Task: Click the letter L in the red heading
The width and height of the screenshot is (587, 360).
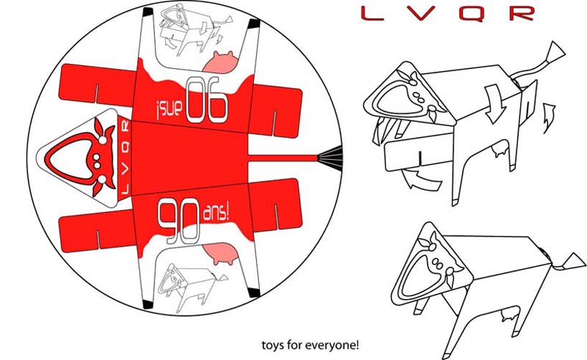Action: (x=373, y=14)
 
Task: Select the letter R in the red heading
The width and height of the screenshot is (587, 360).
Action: (x=522, y=14)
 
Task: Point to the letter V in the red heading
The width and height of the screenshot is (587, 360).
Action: (x=422, y=14)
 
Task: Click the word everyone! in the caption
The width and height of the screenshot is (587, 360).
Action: (x=332, y=345)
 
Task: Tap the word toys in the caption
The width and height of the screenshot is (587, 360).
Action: (x=272, y=345)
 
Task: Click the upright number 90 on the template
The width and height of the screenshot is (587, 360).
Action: (x=179, y=221)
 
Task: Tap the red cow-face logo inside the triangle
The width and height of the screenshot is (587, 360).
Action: (x=80, y=156)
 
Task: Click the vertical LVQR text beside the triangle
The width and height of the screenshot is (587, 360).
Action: (x=126, y=158)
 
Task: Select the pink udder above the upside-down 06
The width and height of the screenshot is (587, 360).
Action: (x=220, y=62)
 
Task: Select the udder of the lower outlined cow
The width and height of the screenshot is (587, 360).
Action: (x=509, y=314)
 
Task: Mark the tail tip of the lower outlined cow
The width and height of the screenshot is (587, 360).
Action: (x=572, y=262)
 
